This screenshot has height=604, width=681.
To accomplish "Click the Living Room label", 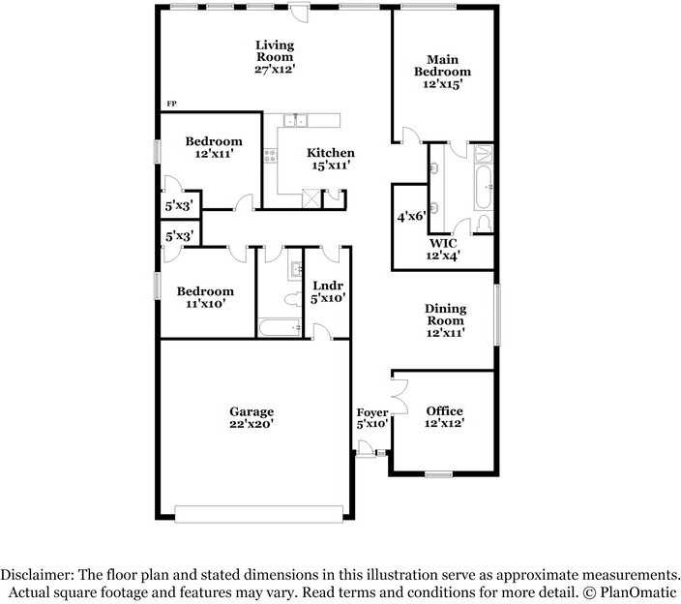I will tap(275, 56).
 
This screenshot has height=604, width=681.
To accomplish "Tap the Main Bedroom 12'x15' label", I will tap(442, 72).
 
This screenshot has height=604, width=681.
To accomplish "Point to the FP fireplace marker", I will tap(171, 104).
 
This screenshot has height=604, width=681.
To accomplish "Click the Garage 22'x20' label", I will tap(252, 418).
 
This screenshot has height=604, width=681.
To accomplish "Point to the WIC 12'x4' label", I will tap(444, 249).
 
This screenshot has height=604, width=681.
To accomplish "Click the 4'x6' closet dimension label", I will tap(410, 217).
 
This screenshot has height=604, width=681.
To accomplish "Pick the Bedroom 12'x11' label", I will tap(214, 147).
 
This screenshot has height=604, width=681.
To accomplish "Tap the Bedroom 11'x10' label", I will tap(204, 297).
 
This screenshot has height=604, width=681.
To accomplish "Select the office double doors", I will tap(396, 395).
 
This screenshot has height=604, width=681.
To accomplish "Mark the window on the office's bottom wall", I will tap(439, 474).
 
